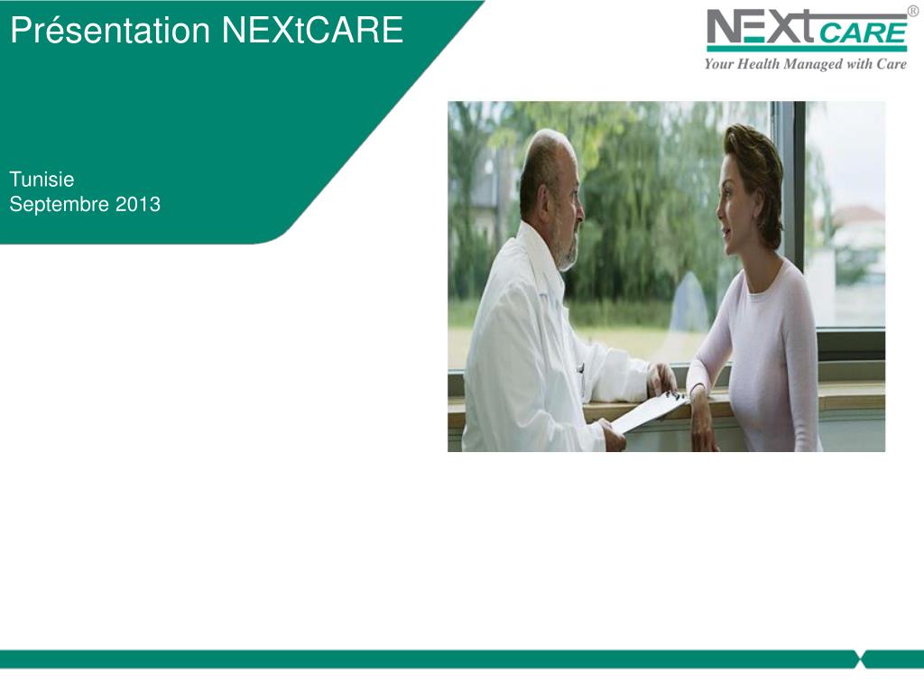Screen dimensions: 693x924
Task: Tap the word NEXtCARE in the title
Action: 312,32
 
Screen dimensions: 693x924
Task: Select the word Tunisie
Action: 42,180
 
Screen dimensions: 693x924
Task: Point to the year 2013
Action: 138,205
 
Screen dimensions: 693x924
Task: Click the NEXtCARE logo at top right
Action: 806,32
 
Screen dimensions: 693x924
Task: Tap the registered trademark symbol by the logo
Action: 912,12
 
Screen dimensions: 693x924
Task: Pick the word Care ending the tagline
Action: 891,64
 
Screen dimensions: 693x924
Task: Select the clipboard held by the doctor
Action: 650,411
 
